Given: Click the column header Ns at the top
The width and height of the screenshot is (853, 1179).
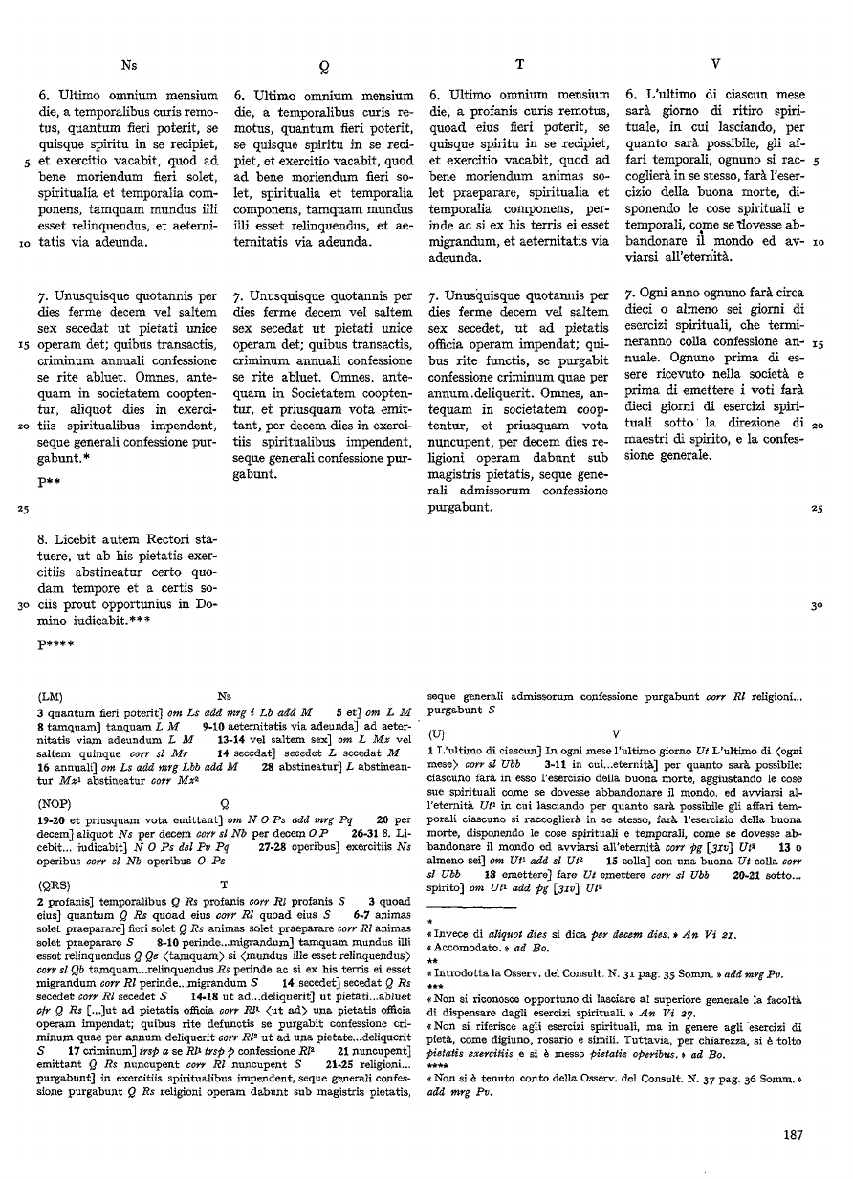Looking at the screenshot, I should (129, 65).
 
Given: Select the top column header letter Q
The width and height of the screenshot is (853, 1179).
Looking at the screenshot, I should (324, 67).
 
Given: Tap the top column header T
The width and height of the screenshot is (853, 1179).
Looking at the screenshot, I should (518, 65).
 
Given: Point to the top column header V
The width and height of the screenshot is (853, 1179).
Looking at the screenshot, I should (716, 65).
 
